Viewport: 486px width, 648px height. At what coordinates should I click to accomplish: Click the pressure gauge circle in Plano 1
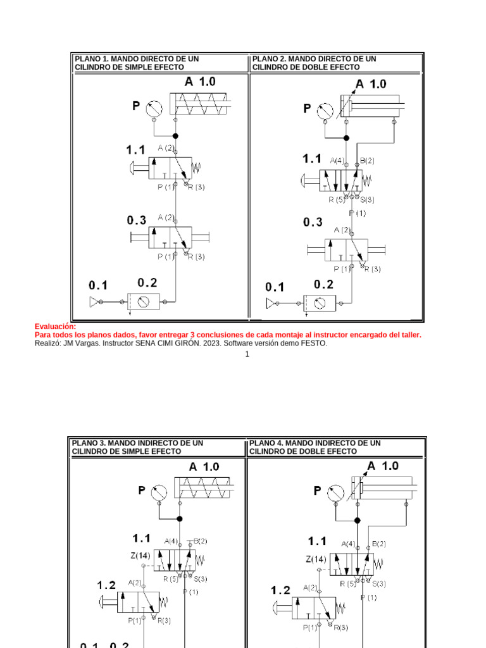click(154, 109)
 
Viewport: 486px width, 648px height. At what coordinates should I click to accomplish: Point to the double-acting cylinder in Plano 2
click(370, 106)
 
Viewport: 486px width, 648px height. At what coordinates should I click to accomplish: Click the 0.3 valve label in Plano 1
click(137, 220)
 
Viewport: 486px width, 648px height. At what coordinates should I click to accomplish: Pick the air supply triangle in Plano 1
click(94, 302)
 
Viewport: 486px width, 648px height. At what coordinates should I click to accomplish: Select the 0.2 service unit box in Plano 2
click(319, 303)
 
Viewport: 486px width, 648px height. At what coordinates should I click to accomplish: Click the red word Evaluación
click(55, 327)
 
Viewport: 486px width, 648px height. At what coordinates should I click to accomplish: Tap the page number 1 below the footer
click(247, 354)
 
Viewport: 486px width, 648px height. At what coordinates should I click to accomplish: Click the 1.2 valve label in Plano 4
click(281, 590)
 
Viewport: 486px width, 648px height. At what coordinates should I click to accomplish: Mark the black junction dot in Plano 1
click(177, 136)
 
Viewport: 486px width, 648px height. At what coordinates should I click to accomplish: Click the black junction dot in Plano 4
click(357, 520)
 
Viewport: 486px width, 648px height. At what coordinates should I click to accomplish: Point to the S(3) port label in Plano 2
click(368, 200)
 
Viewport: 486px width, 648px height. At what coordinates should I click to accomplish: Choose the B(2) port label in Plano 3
click(201, 541)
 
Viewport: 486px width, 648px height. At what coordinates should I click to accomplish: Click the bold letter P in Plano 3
click(142, 490)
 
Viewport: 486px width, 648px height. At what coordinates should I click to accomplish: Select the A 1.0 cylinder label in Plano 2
click(371, 84)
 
